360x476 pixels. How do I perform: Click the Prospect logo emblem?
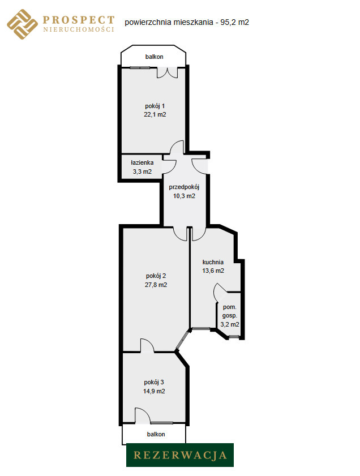pyautogui.click(x=22, y=24)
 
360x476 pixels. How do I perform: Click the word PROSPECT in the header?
pyautogui.click(x=79, y=20)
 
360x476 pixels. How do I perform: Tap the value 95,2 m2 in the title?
pyautogui.click(x=235, y=22)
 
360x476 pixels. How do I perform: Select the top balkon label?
pyautogui.click(x=154, y=57)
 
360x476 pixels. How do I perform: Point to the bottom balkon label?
pyautogui.click(x=156, y=435)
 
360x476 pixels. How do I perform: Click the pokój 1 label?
pyautogui.click(x=155, y=106)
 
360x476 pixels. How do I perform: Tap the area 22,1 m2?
pyautogui.click(x=155, y=114)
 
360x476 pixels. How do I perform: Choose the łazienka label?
pyautogui.click(x=142, y=162)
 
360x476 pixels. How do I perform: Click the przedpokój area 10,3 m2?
pyautogui.click(x=184, y=196)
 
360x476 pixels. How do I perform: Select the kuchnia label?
pyautogui.click(x=213, y=262)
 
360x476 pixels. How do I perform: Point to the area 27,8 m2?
pyautogui.click(x=156, y=285)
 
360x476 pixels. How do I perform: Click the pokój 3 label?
pyautogui.click(x=154, y=383)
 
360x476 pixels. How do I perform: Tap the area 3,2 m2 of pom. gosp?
pyautogui.click(x=230, y=324)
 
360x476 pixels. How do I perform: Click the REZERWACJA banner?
pyautogui.click(x=180, y=455)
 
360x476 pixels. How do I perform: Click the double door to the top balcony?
pyautogui.click(x=167, y=72)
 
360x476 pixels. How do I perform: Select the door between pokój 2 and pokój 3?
pyautogui.click(x=147, y=346)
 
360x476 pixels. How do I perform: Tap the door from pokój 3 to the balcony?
pyautogui.click(x=142, y=415)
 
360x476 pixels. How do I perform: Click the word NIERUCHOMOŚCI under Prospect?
pyautogui.click(x=79, y=29)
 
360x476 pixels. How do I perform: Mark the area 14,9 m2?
pyautogui.click(x=154, y=391)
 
